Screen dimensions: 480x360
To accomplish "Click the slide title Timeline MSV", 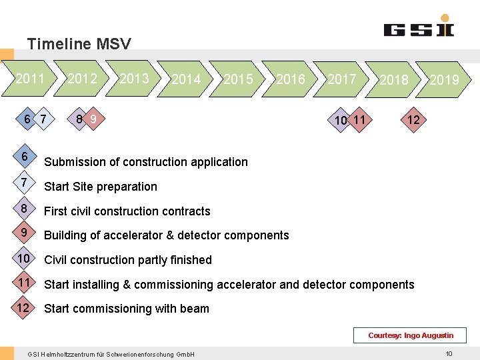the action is pyautogui.click(x=79, y=45).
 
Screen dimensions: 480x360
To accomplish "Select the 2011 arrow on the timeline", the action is pyautogui.click(x=30, y=79).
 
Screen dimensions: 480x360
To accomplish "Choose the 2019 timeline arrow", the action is pyautogui.click(x=444, y=80).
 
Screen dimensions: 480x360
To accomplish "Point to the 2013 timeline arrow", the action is pyautogui.click(x=134, y=79).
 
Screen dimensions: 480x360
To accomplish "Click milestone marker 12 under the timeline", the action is pyautogui.click(x=413, y=119).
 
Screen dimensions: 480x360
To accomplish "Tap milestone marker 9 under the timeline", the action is pyautogui.click(x=94, y=119).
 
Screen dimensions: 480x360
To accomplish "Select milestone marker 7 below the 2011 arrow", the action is pyautogui.click(x=43, y=119).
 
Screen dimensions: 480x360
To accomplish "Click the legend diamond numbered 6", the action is pyautogui.click(x=24, y=157).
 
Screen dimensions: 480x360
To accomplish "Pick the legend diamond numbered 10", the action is pyautogui.click(x=24, y=259).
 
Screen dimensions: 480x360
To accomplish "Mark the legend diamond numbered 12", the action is pyautogui.click(x=24, y=307).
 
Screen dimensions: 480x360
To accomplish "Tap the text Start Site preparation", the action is pyautogui.click(x=101, y=187).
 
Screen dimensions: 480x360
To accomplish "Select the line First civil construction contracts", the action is pyautogui.click(x=127, y=211).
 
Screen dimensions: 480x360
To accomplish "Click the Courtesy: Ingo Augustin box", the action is pyautogui.click(x=411, y=335).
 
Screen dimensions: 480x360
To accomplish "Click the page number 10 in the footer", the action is pyautogui.click(x=449, y=353).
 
